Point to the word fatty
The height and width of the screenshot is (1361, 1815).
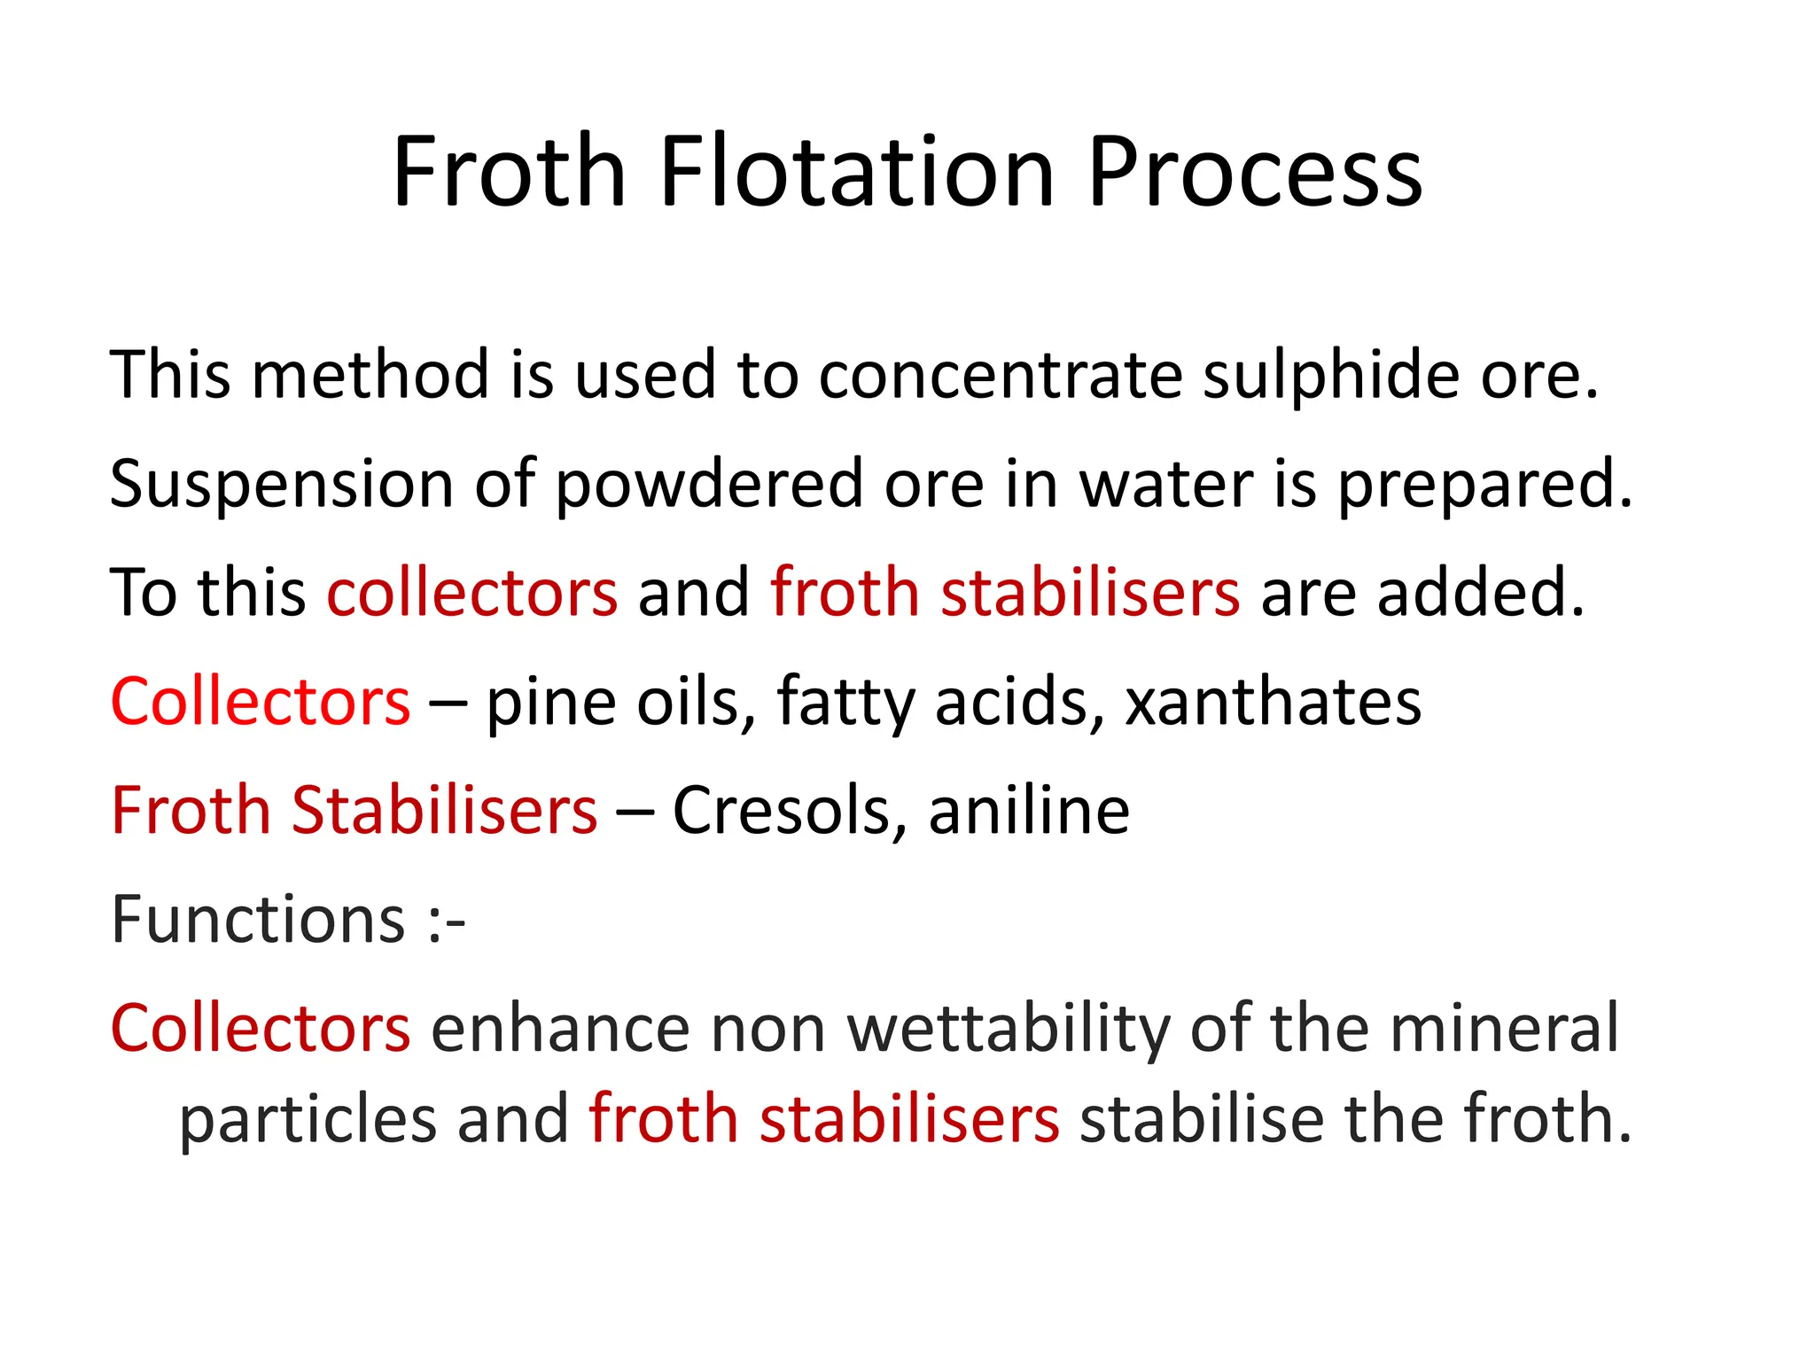click(x=845, y=702)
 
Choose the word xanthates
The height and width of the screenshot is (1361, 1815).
click(x=1273, y=702)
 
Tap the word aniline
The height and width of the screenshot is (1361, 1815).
click(x=1029, y=810)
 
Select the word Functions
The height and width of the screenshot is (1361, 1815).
click(x=258, y=919)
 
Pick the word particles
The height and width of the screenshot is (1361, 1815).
click(x=308, y=1118)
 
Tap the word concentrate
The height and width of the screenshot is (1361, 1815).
click(x=1001, y=375)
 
